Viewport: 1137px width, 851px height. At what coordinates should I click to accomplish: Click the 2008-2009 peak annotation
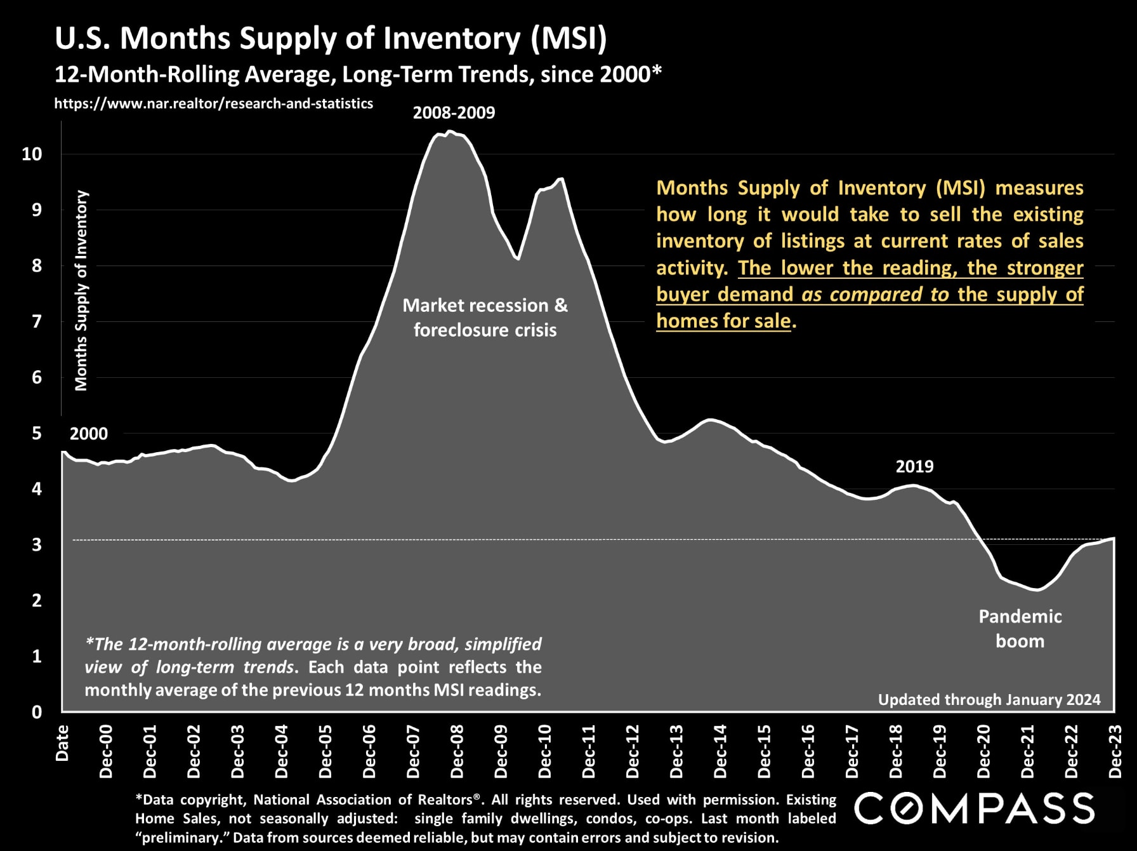pos(454,113)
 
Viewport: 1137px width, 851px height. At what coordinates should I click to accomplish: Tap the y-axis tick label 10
pos(32,154)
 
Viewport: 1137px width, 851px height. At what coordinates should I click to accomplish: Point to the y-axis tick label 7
pos(36,321)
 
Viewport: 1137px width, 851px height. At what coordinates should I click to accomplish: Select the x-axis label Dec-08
pos(457,752)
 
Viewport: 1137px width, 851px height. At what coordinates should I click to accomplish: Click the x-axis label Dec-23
pos(1115,752)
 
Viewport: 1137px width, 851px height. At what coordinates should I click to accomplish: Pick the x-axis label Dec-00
pos(106,752)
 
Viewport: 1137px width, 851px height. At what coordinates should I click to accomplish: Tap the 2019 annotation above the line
pos(914,467)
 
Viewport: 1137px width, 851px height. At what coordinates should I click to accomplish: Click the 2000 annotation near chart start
pos(88,434)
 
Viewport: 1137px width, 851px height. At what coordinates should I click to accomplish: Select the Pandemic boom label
pos(1020,629)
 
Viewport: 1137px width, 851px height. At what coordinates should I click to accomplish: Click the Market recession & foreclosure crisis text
pos(485,318)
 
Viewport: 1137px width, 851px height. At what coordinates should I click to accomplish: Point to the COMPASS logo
pos(974,808)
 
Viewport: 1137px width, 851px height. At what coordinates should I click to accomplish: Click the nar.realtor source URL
pos(213,104)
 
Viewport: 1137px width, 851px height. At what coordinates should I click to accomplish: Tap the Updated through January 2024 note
pos(989,700)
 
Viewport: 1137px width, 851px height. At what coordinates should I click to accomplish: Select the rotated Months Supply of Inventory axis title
pos(81,290)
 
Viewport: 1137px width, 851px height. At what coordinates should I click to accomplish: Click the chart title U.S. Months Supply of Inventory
pos(331,38)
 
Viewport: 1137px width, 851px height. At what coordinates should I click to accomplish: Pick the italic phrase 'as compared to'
pos(875,295)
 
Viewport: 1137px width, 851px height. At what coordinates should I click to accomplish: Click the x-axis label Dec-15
pos(765,752)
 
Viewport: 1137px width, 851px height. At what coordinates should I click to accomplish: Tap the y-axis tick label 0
pos(37,712)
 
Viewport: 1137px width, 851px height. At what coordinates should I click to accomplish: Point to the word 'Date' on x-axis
pos(62,743)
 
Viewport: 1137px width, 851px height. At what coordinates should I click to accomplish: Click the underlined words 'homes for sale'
pos(723,321)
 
